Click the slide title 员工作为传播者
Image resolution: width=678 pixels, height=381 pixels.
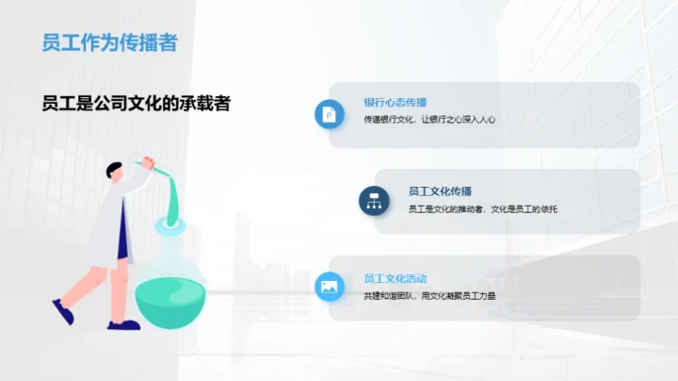tap(109, 42)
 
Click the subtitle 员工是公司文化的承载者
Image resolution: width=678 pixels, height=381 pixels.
tap(137, 103)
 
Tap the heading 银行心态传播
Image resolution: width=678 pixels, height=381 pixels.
tap(395, 102)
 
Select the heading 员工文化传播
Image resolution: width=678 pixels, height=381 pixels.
tap(440, 190)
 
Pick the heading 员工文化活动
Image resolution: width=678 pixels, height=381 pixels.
tap(395, 279)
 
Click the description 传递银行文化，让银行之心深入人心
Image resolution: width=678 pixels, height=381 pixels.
tap(429, 120)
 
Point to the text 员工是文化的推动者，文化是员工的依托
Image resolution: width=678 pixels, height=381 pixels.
tap(483, 208)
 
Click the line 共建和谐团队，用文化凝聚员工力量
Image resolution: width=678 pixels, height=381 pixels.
tap(429, 296)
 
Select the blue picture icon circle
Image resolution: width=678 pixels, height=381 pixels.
tap(330, 287)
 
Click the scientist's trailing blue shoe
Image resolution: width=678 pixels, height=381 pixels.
tap(63, 311)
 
